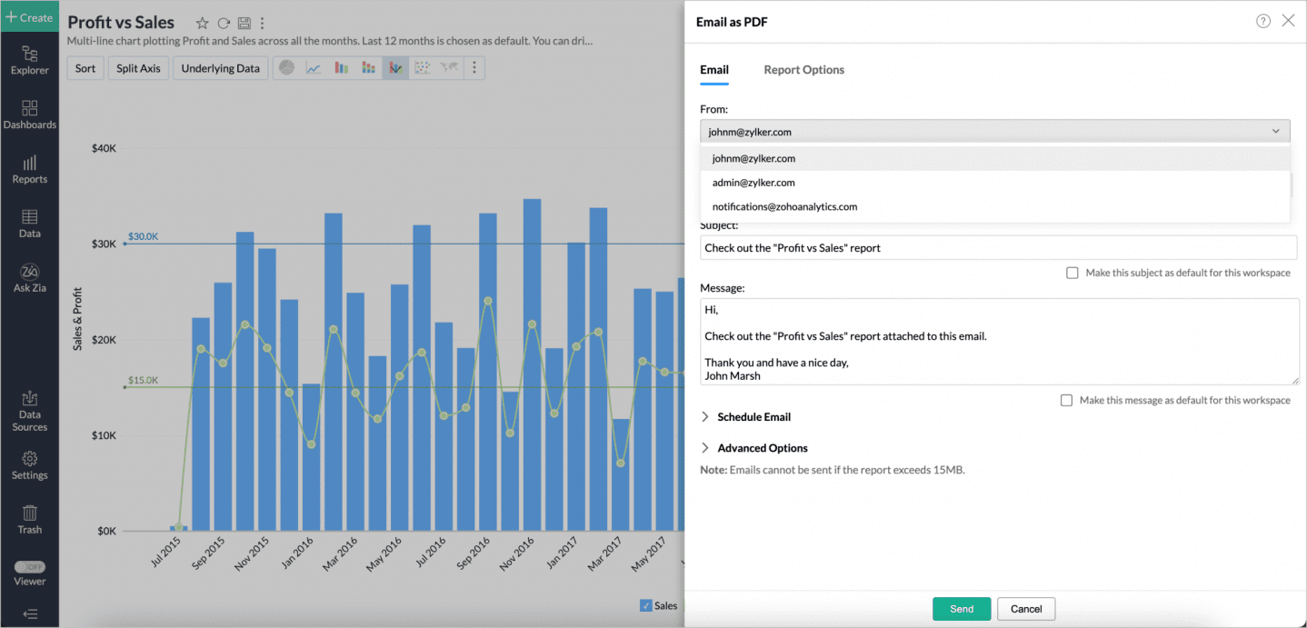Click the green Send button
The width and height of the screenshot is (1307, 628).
click(961, 609)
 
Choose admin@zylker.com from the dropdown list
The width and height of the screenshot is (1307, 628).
click(753, 183)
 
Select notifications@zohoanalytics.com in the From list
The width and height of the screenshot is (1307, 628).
click(784, 207)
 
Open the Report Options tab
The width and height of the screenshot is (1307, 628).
click(803, 70)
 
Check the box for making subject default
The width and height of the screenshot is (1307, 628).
click(1073, 273)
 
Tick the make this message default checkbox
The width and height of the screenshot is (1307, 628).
click(1066, 400)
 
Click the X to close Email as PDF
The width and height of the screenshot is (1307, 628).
click(1288, 21)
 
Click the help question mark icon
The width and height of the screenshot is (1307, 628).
click(1262, 21)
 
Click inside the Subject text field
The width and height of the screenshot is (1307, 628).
click(997, 248)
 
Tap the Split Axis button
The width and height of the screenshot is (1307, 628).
click(138, 68)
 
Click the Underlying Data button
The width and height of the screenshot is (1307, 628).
click(220, 68)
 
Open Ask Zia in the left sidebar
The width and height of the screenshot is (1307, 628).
click(29, 278)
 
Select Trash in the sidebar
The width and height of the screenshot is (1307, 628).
click(29, 520)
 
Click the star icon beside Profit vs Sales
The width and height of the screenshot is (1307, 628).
click(202, 24)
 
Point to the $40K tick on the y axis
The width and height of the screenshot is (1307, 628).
click(104, 148)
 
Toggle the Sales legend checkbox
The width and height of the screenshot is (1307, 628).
click(645, 605)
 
